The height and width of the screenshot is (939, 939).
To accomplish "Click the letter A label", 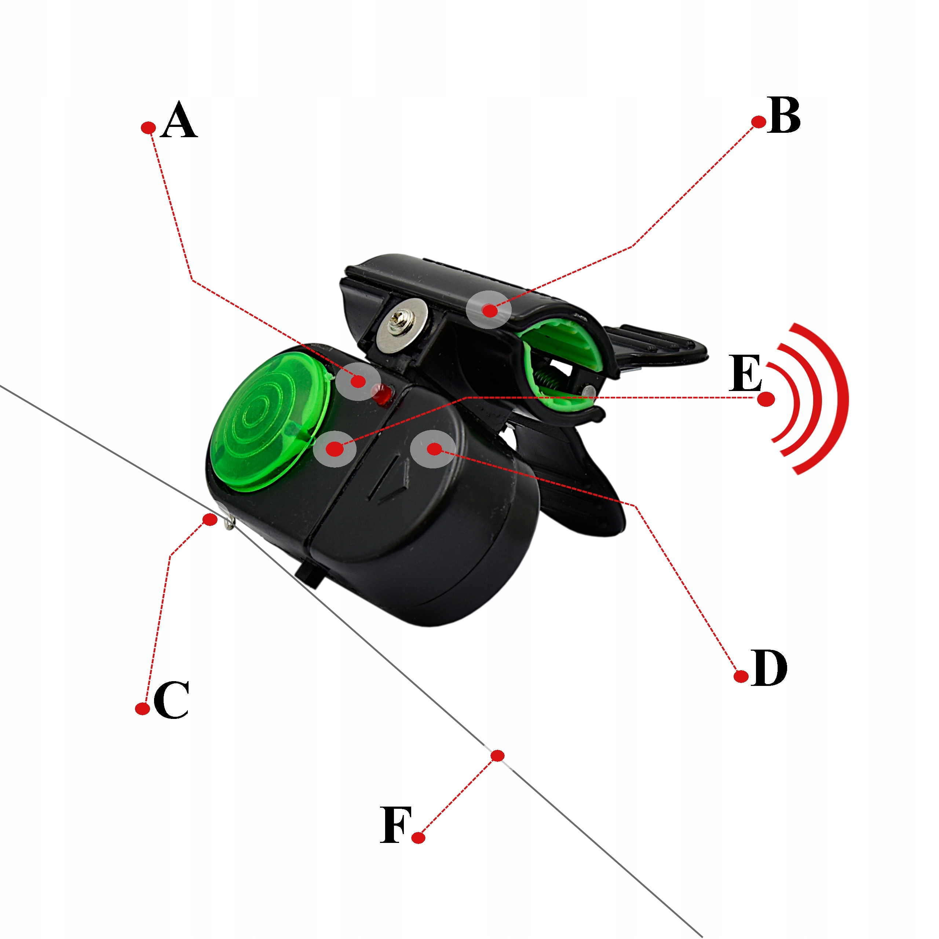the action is click(x=179, y=120).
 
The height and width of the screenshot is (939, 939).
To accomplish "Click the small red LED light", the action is click(x=383, y=393).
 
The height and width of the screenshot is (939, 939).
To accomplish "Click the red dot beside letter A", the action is click(x=148, y=128).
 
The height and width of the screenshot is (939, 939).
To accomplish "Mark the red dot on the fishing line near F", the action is click(x=497, y=755).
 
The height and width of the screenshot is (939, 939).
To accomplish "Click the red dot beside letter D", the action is click(x=741, y=676).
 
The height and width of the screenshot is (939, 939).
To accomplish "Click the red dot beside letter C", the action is click(x=142, y=709).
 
